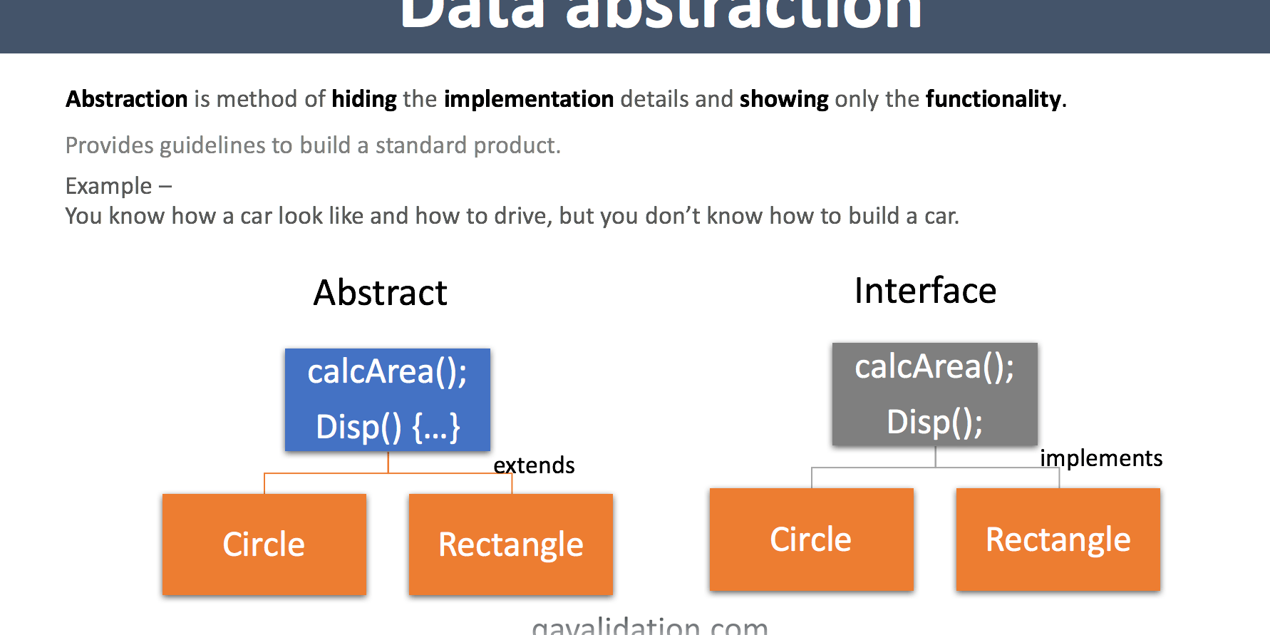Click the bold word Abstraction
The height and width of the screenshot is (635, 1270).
(x=126, y=99)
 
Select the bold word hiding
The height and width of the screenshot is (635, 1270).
(x=364, y=99)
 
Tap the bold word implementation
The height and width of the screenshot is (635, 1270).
(x=529, y=99)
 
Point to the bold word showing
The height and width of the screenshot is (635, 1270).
(x=784, y=99)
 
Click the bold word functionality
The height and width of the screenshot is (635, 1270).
(x=993, y=99)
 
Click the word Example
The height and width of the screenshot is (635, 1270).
(x=108, y=186)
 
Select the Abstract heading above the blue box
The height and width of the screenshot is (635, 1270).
(x=381, y=293)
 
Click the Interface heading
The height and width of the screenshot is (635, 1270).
(x=925, y=291)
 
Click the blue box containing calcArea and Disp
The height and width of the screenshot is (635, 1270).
(x=388, y=399)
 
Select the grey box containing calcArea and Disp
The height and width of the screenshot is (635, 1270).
(x=934, y=394)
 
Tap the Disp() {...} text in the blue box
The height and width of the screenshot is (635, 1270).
(x=388, y=427)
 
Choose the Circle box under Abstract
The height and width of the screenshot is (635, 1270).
(x=264, y=544)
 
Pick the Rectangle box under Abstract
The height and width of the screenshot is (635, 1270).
(x=510, y=544)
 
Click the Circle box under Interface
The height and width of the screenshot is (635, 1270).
(x=811, y=540)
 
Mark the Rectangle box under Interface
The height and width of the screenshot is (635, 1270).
(x=1058, y=540)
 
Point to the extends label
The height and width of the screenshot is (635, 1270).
(x=534, y=465)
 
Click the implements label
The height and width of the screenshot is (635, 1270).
(x=1101, y=458)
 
